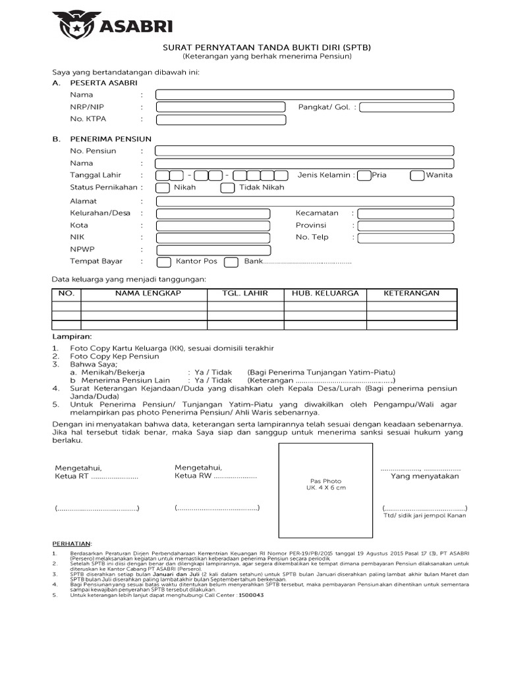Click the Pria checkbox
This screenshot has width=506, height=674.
tap(363, 175)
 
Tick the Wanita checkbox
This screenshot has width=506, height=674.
tap(416, 175)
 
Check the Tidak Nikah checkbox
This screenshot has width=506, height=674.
tap(227, 188)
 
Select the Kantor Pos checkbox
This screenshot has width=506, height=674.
tap(164, 262)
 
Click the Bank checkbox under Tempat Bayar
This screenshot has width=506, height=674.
tap(231, 262)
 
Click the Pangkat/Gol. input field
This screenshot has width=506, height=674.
tap(407, 107)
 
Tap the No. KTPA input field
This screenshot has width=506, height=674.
tap(213, 119)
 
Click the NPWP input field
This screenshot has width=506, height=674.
tap(213, 249)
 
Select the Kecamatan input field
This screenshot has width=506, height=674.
tap(407, 213)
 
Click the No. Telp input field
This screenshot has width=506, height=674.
tap(407, 238)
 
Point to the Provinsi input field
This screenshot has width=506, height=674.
tap(407, 226)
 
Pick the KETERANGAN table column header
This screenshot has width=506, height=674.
tap(411, 294)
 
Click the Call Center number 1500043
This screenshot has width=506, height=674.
tap(250, 594)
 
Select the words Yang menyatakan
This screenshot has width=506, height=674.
tap(425, 476)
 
